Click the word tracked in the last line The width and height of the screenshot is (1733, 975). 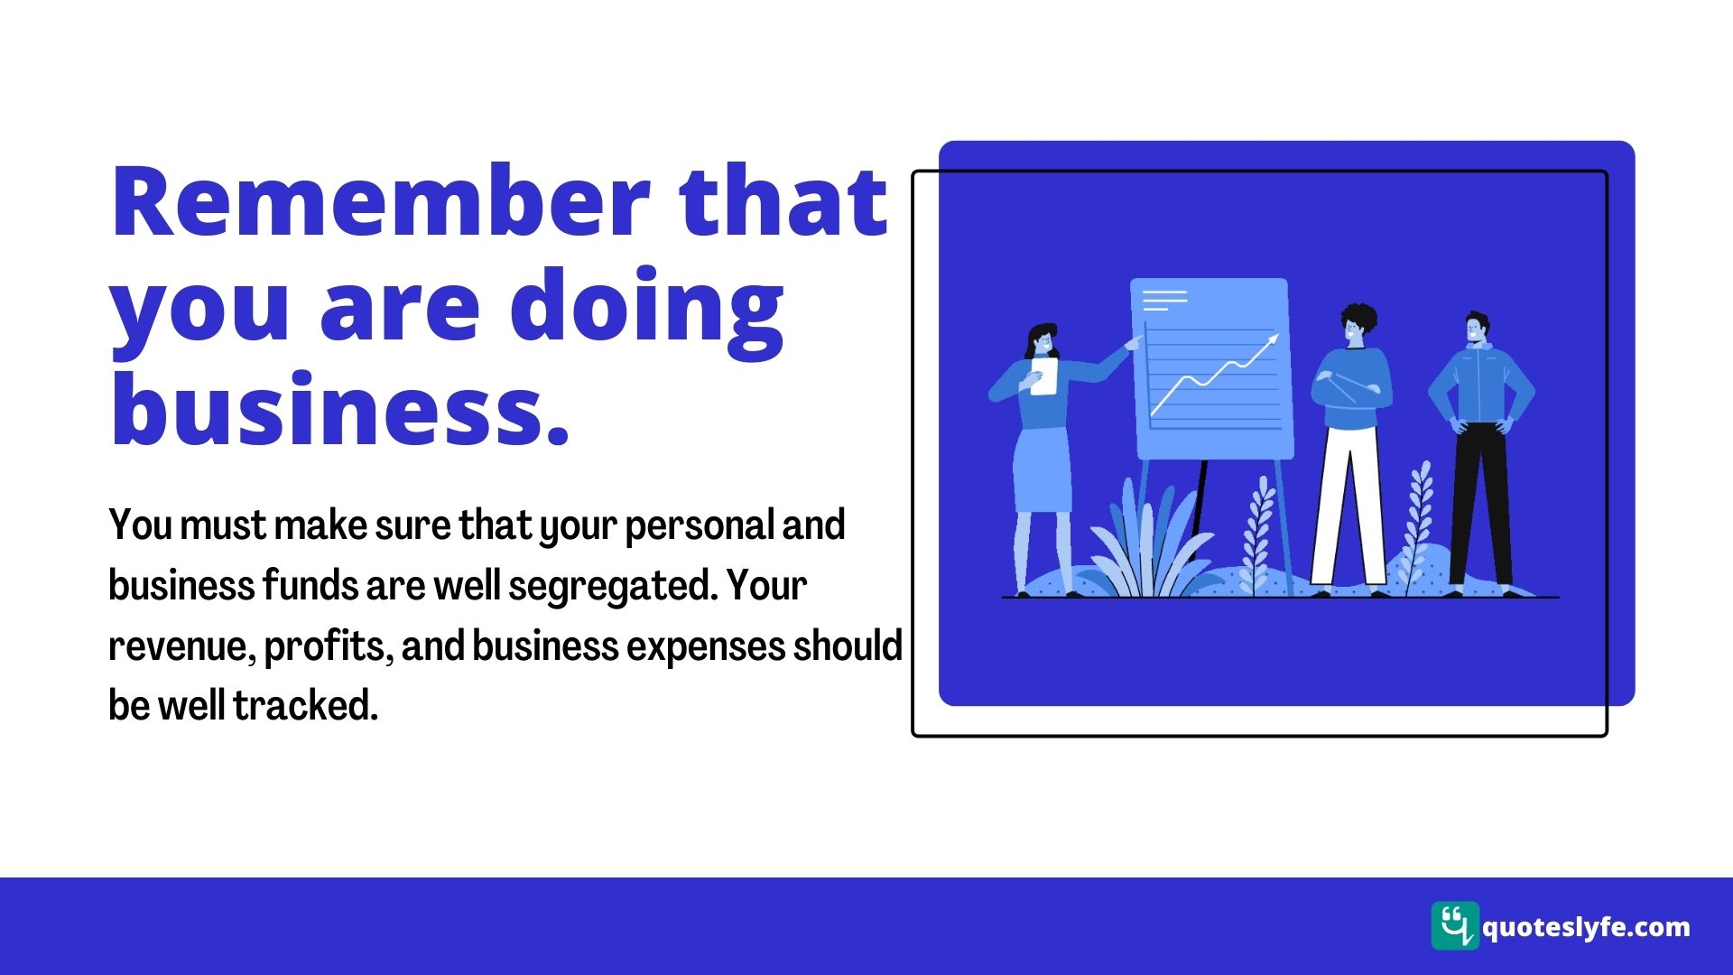[306, 705]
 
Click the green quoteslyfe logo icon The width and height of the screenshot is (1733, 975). [1455, 925]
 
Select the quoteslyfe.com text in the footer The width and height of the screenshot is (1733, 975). [1586, 927]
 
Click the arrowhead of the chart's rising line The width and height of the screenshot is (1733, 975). [1272, 340]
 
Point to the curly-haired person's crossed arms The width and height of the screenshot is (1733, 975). [1351, 389]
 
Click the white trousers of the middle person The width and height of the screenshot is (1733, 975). [1348, 506]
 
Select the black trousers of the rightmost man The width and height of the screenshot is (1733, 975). [1481, 506]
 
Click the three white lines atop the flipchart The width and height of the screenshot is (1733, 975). [1164, 300]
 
